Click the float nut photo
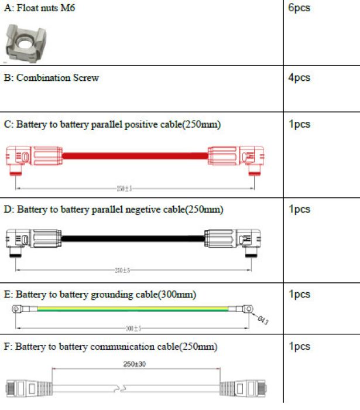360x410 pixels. point(25,42)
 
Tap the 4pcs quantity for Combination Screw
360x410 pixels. point(299,78)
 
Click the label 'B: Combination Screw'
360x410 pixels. point(52,78)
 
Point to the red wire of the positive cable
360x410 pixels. point(135,156)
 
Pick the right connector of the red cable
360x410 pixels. point(235,158)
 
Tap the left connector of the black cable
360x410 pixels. point(32,240)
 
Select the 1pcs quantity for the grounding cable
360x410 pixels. point(299,294)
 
